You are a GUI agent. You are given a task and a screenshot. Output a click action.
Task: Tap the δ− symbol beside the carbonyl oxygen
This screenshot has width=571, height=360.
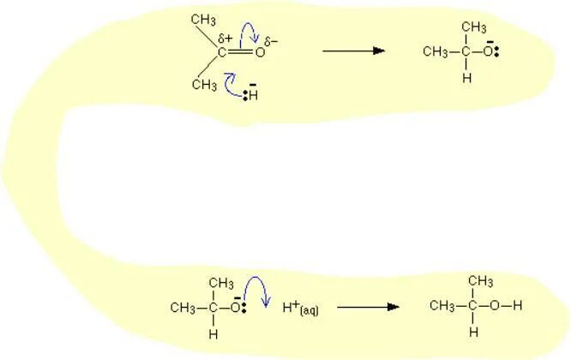pos(272,41)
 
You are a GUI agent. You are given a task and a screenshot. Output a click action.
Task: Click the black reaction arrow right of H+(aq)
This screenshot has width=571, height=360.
pos(368,307)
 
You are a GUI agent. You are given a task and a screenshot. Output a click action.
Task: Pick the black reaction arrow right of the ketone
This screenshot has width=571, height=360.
pos(353,51)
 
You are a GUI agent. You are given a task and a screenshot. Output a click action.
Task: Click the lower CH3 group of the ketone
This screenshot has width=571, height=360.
pos(204,85)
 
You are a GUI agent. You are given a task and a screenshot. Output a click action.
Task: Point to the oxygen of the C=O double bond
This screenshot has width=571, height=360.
pos(259,52)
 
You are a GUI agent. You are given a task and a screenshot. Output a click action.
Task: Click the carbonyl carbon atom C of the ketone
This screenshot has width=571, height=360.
pos(221,52)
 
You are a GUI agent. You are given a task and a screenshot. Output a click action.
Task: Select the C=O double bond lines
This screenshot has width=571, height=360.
pos(240,52)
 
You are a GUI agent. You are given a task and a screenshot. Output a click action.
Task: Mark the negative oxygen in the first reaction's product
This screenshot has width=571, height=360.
pos(489,51)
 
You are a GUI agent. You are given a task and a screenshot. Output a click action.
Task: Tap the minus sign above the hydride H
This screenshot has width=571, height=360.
pos(253,83)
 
